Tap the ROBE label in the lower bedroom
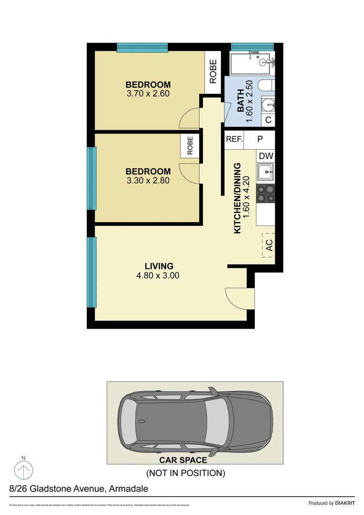pos(190,145)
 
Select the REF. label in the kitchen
pos(234,139)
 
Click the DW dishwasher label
pos(265,156)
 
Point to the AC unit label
pos(268,246)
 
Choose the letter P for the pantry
pos(260,139)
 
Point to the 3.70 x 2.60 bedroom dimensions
pos(148,93)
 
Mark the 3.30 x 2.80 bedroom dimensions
pos(148,180)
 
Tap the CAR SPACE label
pos(183,460)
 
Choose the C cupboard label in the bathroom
pos(268,120)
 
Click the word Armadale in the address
pos(129,489)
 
